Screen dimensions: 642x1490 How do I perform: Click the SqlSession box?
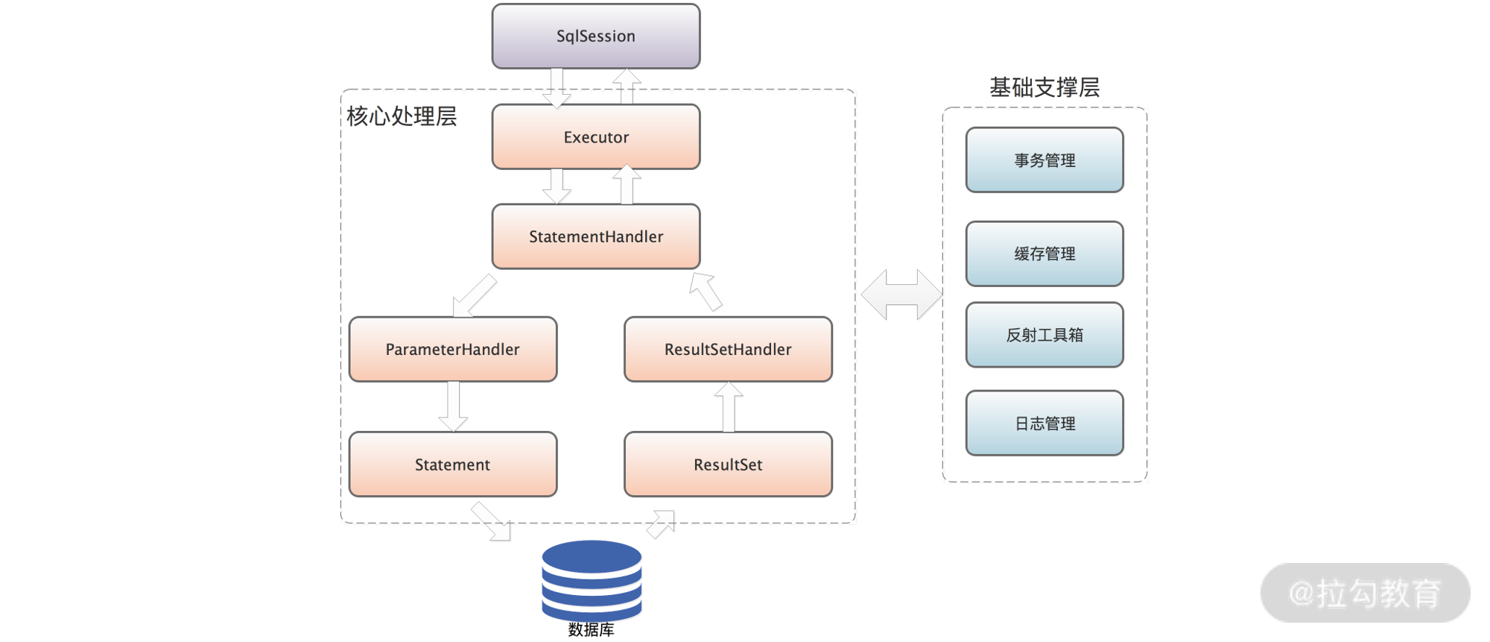595,36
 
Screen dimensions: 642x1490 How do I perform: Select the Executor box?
595,136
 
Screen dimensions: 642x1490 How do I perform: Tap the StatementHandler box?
595,236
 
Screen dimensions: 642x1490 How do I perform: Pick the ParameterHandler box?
452,349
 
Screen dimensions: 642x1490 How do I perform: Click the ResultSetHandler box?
728,349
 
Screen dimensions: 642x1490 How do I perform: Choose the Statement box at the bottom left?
452,465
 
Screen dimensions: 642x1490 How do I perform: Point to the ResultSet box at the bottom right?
728,465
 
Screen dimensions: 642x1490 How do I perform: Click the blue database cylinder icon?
592,579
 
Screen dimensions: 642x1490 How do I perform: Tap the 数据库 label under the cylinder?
592,630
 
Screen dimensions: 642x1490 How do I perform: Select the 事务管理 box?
1044,160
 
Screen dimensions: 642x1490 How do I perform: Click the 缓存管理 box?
1044,254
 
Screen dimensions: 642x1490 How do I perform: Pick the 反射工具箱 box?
1044,335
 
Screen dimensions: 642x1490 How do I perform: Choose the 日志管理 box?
1044,424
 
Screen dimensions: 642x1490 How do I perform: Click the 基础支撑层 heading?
1044,87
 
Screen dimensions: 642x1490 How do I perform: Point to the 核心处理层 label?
402,116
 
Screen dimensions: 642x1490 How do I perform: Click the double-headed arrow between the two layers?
901,295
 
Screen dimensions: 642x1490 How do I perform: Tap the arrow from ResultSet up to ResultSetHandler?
729,406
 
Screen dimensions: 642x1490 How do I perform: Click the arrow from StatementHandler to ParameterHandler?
475,295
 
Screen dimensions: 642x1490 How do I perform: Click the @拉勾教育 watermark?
1365,594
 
